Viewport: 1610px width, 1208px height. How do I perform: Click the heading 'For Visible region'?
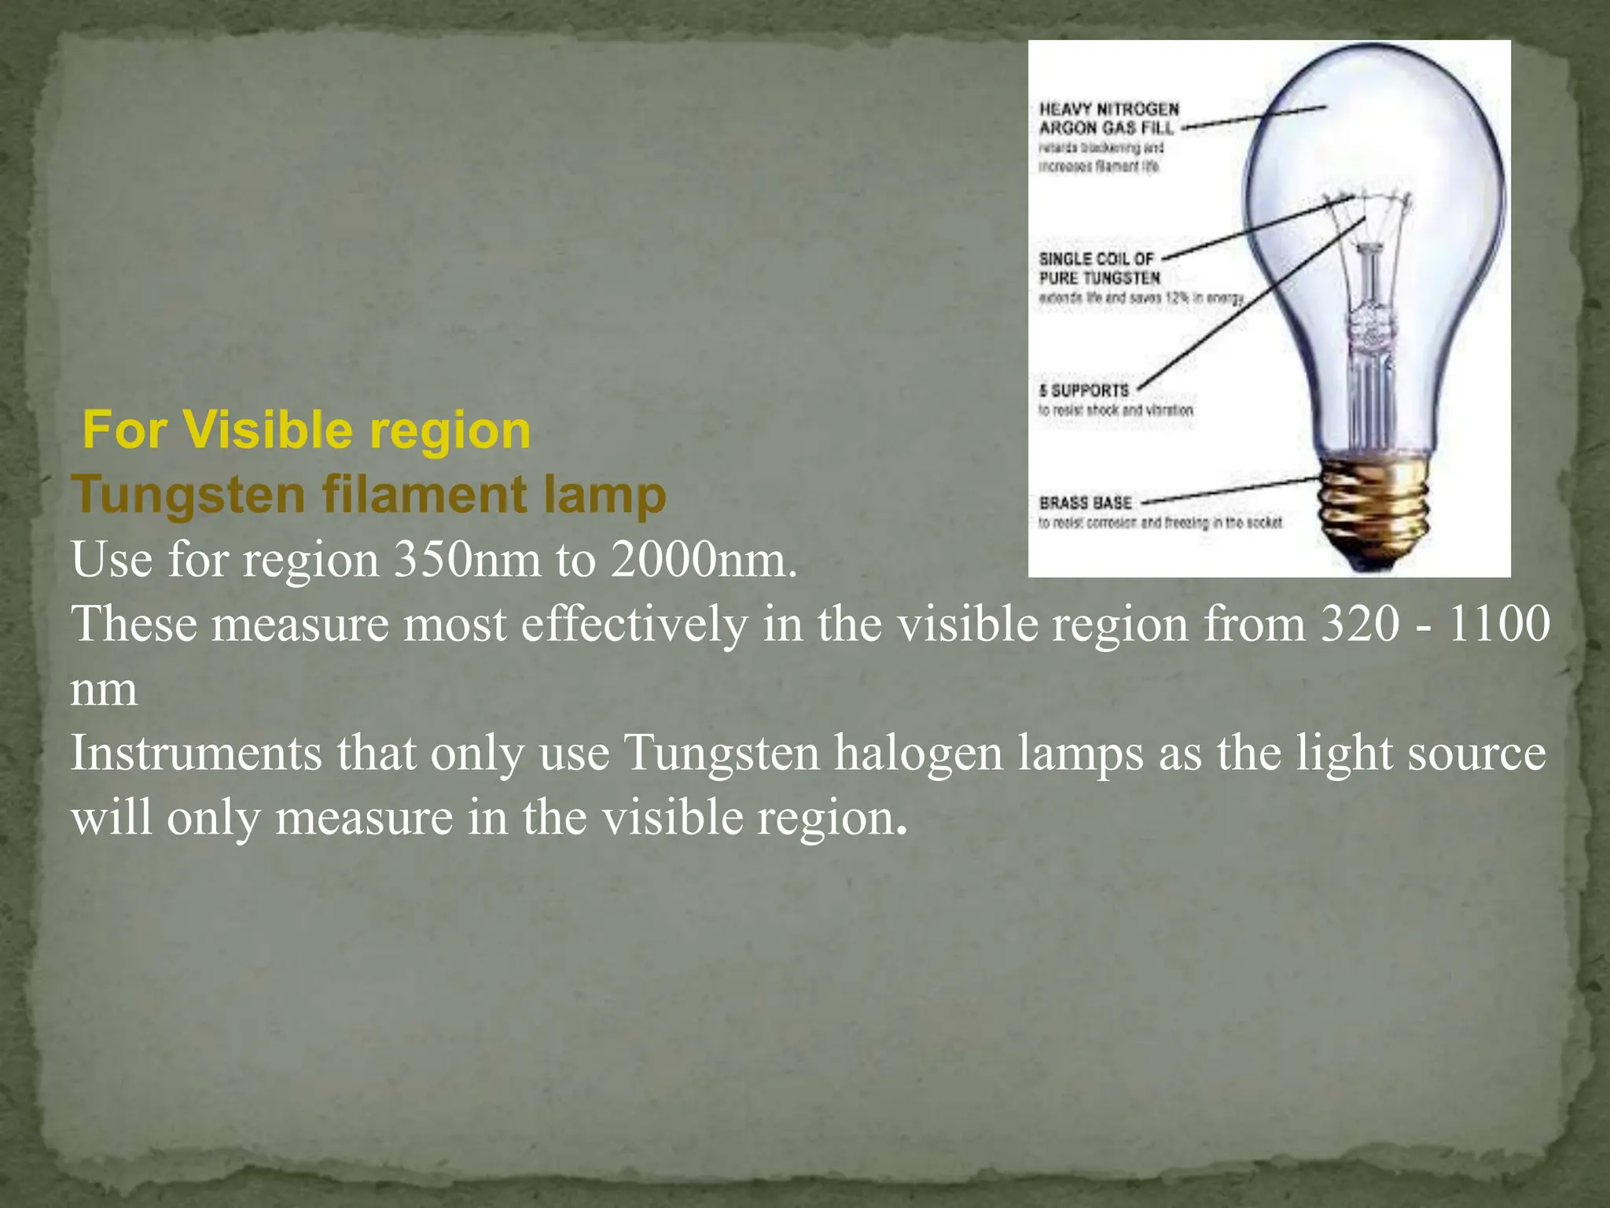pos(307,431)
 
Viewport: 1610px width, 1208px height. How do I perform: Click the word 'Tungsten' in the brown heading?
pos(189,495)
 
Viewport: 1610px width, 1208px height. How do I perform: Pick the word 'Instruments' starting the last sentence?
pos(196,753)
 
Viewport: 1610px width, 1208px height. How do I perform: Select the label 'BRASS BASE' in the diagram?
pos(1085,503)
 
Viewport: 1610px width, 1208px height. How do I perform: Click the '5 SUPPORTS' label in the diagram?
pos(1084,390)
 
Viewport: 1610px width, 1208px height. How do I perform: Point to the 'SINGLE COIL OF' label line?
pos(1096,259)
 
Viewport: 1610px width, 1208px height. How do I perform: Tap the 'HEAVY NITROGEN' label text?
pos(1108,109)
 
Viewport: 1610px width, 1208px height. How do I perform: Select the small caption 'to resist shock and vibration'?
pos(1116,411)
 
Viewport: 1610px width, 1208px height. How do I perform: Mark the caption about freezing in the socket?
pos(1160,522)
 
